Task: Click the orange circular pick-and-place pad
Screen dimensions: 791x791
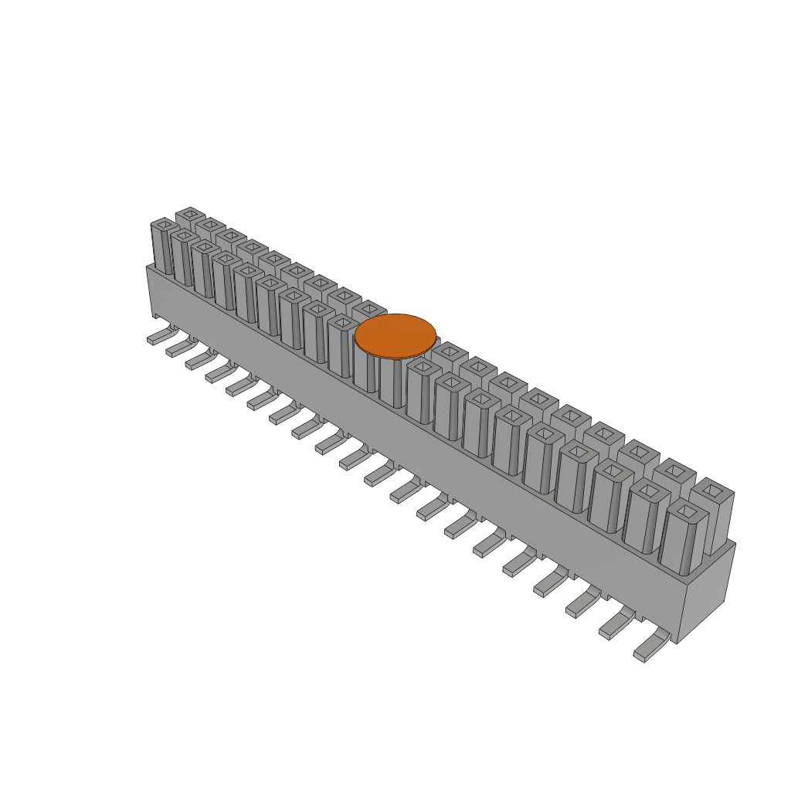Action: coord(395,336)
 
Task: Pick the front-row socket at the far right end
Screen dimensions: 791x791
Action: coord(683,537)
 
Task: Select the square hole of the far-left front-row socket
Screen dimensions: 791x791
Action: coord(162,225)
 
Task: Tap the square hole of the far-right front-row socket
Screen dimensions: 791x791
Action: coord(684,511)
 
